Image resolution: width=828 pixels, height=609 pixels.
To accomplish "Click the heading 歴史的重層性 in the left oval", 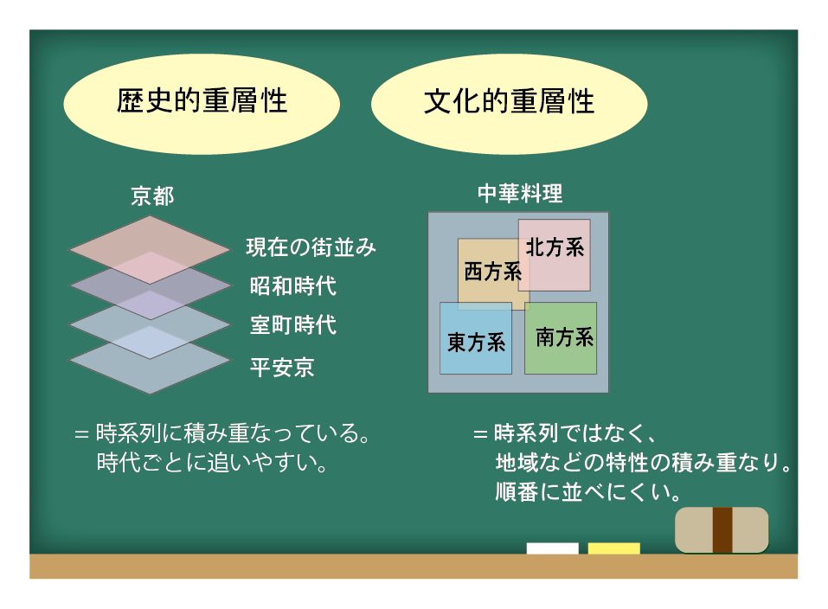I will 202,102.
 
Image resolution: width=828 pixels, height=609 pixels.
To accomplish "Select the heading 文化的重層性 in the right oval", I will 509,102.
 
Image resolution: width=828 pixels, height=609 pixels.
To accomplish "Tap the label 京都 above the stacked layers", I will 151,196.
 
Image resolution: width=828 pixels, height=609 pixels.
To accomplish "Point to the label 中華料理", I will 519,194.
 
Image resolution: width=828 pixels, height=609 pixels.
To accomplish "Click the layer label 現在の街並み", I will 311,247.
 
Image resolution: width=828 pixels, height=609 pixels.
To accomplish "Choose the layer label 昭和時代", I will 292,285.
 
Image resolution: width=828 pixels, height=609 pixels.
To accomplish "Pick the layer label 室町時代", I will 292,325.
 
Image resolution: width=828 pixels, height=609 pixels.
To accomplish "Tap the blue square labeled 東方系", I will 475,342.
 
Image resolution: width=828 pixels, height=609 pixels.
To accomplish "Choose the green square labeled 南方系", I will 562,338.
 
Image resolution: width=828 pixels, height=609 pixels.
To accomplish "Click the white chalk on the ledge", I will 552,548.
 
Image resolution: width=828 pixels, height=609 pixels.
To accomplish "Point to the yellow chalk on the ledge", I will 613,548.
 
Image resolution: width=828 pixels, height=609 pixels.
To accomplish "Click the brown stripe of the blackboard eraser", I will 722,530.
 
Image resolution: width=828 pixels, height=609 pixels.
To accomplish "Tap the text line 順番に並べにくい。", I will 586,492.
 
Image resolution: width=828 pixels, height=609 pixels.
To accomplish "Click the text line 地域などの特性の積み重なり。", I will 643,462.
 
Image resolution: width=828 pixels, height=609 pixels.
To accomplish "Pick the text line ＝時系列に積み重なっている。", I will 224,433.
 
